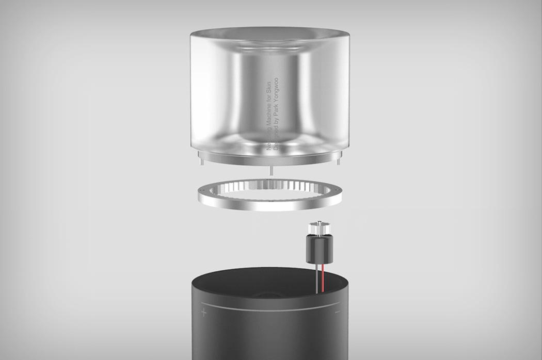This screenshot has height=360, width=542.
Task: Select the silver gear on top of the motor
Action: pyautogui.click(x=317, y=227)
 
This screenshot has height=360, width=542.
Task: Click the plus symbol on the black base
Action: pyautogui.click(x=203, y=312)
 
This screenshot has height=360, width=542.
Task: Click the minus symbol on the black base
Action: pyautogui.click(x=338, y=312)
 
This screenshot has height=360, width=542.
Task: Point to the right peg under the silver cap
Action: pyautogui.click(x=339, y=161)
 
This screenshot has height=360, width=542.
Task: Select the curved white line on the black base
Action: pyautogui.click(x=268, y=308)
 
